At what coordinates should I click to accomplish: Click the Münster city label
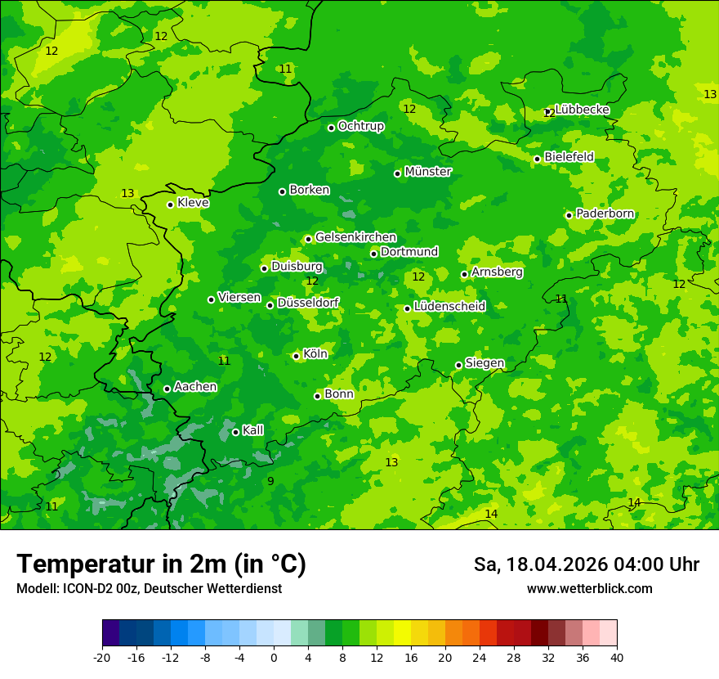pos(427,172)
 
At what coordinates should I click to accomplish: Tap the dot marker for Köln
pos(296,356)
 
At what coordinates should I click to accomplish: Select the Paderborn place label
pos(605,214)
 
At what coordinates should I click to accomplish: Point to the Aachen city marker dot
pos(167,389)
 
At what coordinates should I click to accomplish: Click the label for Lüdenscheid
pos(449,307)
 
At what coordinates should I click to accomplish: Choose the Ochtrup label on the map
pos(360,126)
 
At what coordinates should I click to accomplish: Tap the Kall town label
pos(252,430)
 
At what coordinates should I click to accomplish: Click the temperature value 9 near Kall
pos(270,481)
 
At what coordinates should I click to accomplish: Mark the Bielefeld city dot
pos(537,159)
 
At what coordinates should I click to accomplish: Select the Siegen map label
pos(485,363)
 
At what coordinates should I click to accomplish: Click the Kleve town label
pos(193,203)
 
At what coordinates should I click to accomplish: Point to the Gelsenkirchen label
pos(355,237)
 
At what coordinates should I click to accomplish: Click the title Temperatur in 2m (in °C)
pos(161,564)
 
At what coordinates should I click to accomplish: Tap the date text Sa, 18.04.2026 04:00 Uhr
pos(586,564)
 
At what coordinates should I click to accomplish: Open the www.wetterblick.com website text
pos(589,589)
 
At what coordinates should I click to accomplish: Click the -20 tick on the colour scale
pos(102,657)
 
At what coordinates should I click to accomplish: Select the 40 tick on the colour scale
pos(616,657)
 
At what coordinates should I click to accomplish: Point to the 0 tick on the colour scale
pos(274,657)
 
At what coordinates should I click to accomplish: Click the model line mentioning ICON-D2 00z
pos(149,589)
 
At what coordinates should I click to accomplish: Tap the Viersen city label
pos(239,298)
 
